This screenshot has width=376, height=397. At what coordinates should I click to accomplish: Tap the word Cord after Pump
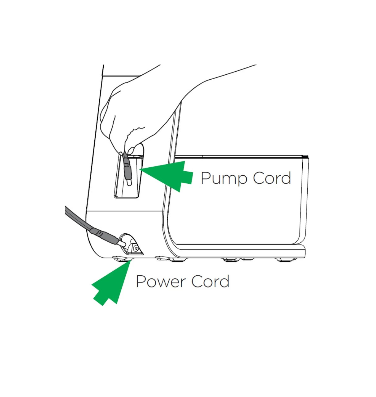[x=272, y=178]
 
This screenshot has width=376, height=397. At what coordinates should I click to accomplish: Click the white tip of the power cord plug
[x=122, y=244]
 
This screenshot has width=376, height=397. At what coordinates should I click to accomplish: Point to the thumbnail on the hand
[x=132, y=149]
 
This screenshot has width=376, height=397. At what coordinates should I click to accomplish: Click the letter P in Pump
[x=206, y=178]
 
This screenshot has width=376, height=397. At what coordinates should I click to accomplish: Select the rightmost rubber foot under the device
[x=286, y=260]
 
